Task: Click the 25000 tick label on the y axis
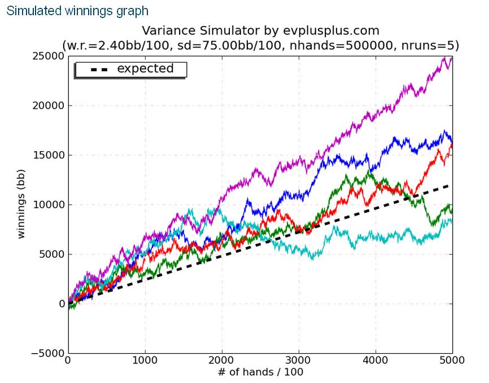click(47, 56)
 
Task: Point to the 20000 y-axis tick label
click(47, 105)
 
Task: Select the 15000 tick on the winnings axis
click(47, 155)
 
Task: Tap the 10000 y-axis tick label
click(47, 205)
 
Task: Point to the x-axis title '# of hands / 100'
click(260, 372)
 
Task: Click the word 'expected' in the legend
click(145, 69)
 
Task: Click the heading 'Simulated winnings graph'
click(77, 11)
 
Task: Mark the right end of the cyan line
click(452, 222)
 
